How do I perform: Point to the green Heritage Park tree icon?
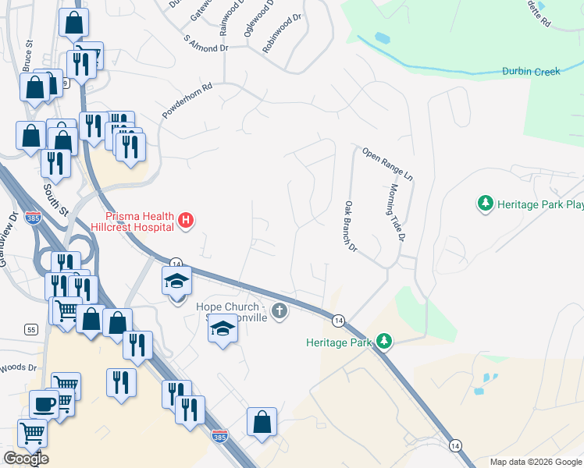[383, 341]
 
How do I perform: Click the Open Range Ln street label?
[386, 161]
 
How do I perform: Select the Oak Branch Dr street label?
[350, 227]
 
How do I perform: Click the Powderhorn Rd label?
[187, 101]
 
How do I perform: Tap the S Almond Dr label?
[205, 42]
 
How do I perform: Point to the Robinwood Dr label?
[281, 34]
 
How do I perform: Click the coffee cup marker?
[44, 403]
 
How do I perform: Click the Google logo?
[26, 459]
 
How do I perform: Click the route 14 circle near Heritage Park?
[338, 321]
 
